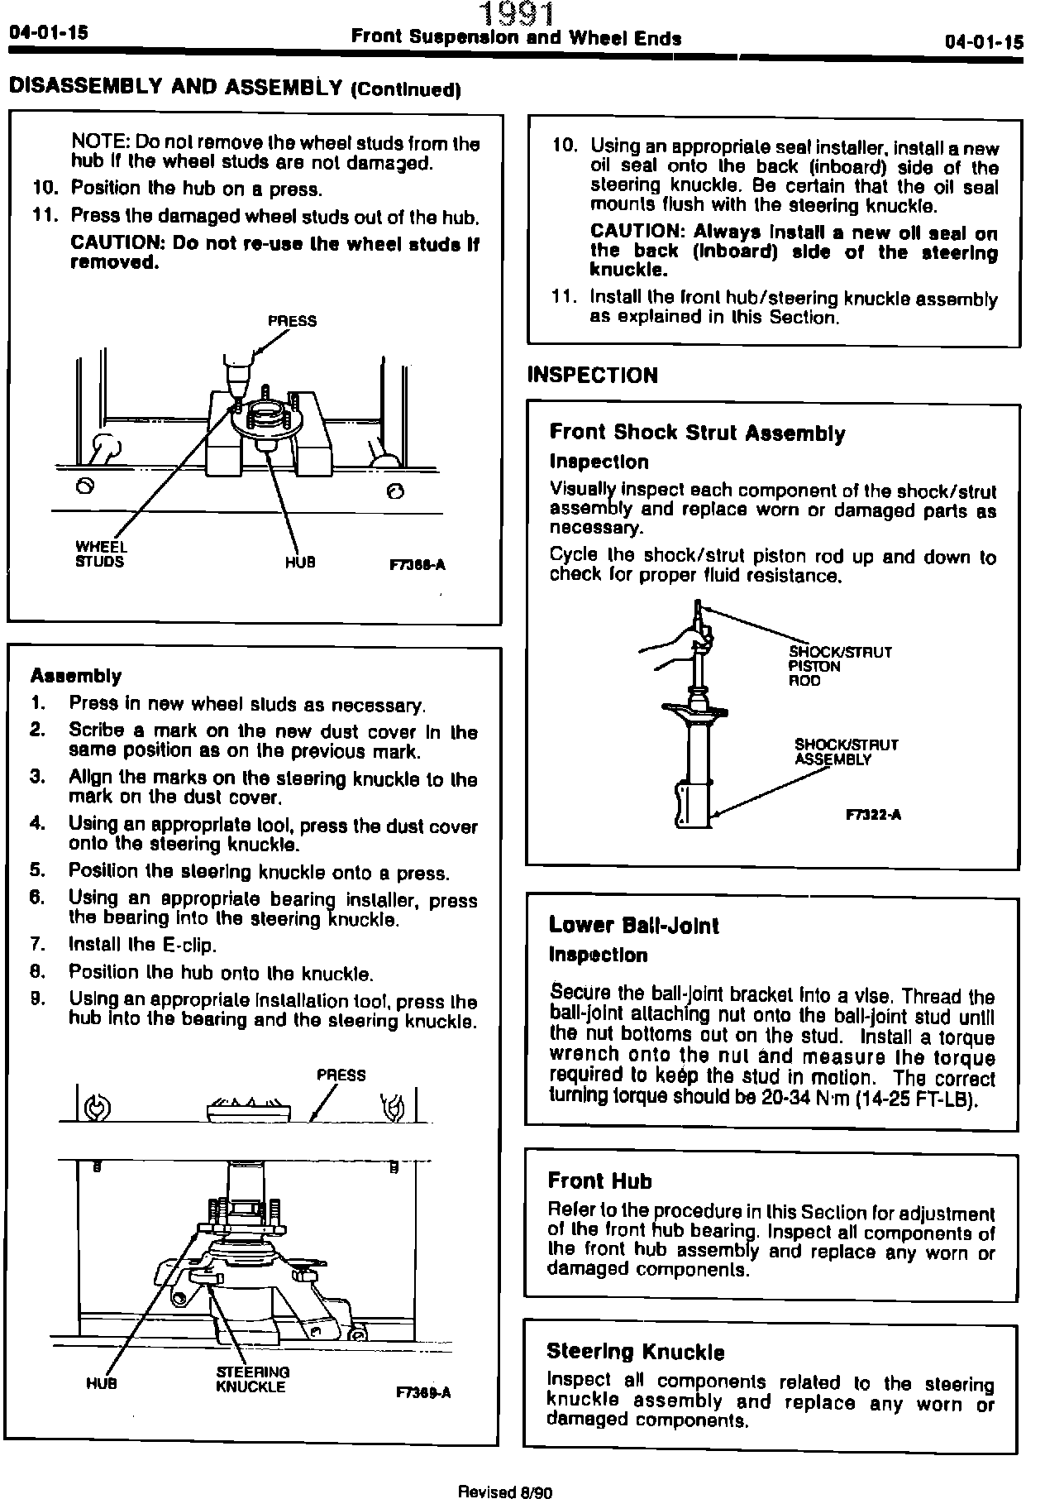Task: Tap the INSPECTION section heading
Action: click(592, 376)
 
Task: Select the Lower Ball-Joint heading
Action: click(633, 926)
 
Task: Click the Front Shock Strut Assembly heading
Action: click(697, 433)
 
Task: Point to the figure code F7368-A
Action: click(417, 565)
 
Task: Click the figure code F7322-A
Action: click(873, 815)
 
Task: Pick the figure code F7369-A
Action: click(423, 1392)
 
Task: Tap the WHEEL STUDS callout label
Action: click(100, 554)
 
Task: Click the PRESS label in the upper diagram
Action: click(292, 321)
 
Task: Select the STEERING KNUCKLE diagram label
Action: click(252, 1380)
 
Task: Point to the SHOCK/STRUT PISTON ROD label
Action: click(839, 666)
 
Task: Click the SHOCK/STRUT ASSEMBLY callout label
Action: click(845, 752)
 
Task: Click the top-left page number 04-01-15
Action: click(48, 33)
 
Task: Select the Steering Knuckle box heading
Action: click(635, 1353)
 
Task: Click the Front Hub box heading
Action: click(599, 1181)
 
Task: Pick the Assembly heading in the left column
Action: click(75, 676)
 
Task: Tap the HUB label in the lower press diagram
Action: click(101, 1383)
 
